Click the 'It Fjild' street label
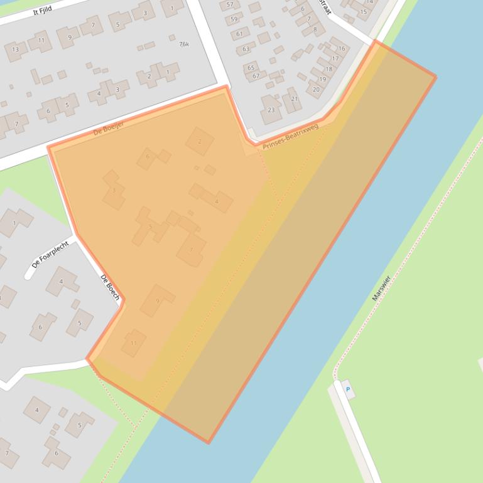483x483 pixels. coord(42,10)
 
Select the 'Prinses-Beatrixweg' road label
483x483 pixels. coord(291,136)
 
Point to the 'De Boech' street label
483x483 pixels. coord(109,287)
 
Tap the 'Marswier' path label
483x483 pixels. coord(381,289)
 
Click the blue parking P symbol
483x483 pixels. coord(348,390)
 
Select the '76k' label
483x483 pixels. coord(183,45)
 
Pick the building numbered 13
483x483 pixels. coord(16,50)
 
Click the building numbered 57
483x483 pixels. coord(230,5)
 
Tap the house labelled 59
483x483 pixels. coord(234,19)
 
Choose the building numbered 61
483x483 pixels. coord(239,34)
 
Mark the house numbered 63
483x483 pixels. coord(246,49)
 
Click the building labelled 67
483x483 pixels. coord(256,76)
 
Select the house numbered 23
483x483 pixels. coord(271,110)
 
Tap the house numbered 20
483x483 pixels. coord(316,90)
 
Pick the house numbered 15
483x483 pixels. coord(364,12)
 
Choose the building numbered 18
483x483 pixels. coord(328,69)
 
